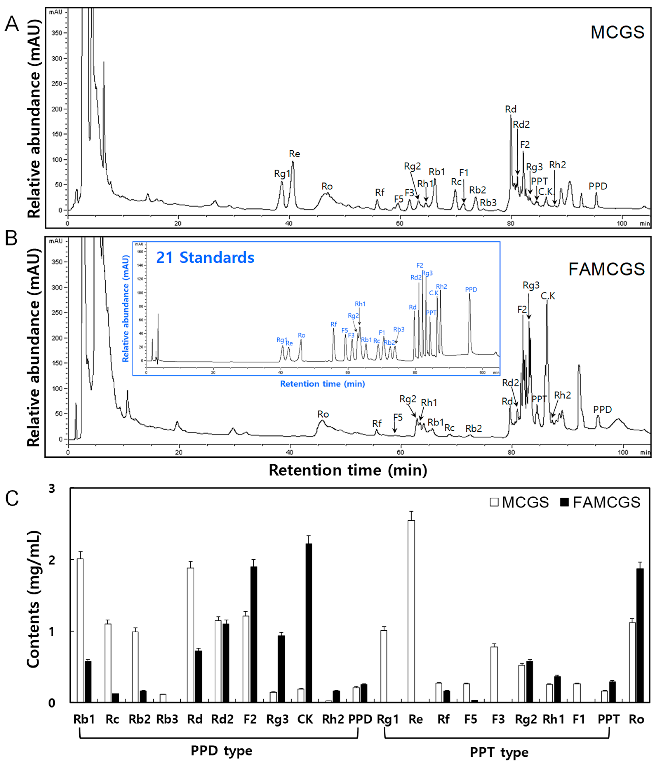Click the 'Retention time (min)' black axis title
coord(348,470)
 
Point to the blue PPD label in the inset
coord(471,289)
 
